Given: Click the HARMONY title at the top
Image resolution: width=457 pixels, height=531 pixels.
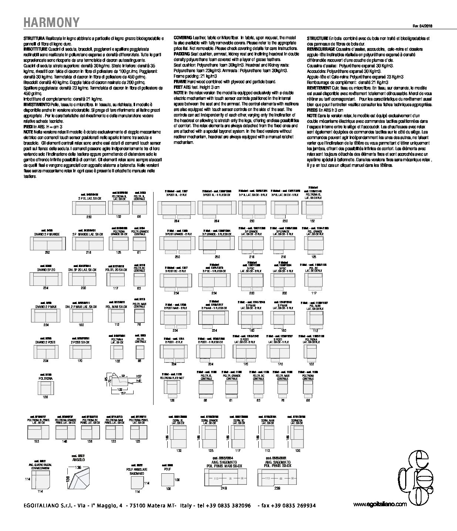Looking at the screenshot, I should point(52,23).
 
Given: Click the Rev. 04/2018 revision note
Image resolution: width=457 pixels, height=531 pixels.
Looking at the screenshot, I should point(422,26).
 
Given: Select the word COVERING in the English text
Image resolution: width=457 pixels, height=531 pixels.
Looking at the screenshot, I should point(182,38).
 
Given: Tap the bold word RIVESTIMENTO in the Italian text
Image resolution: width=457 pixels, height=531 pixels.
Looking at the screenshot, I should point(35,105).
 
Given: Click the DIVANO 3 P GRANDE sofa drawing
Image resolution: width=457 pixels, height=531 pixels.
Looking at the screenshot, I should point(47,243).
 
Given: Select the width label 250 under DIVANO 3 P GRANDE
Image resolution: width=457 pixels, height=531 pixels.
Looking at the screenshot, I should point(47,252).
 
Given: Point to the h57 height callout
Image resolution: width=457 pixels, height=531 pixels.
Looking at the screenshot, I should point(139,376).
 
